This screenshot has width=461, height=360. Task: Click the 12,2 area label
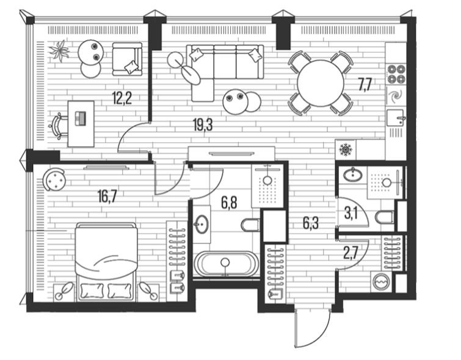click(x=122, y=98)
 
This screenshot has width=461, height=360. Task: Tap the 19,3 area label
click(x=203, y=125)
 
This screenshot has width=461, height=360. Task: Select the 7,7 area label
click(x=365, y=85)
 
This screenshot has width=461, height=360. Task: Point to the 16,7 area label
click(x=107, y=196)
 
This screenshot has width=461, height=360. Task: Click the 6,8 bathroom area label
click(x=230, y=203)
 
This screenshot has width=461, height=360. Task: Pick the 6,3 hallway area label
click(x=311, y=223)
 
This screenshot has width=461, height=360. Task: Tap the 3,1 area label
click(x=350, y=214)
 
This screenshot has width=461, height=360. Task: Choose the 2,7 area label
click(x=350, y=253)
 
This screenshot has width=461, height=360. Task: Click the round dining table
click(x=321, y=83)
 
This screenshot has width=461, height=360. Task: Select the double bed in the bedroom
click(x=106, y=262)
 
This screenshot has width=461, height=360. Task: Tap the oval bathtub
click(x=225, y=264)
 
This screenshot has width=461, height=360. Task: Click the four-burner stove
click(x=396, y=74)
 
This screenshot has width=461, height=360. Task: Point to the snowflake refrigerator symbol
click(x=346, y=149)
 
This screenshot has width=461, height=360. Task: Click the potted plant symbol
click(x=59, y=51)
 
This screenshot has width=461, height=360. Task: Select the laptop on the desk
click(x=80, y=118)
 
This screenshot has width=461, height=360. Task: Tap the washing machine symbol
click(x=382, y=281)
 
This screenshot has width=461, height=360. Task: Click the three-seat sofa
click(x=225, y=62)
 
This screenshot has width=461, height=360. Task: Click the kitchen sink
click(x=396, y=118)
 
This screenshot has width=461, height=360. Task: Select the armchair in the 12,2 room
click(x=127, y=59)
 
